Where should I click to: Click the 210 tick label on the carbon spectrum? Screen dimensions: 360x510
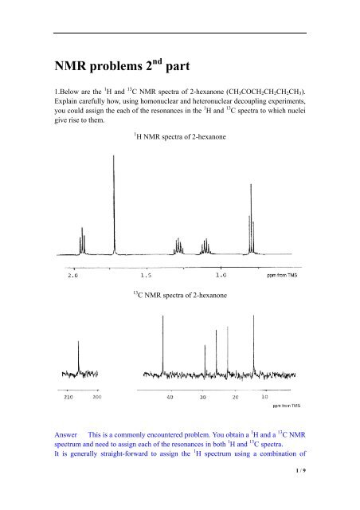68,395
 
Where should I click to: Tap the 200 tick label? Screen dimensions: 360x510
97,395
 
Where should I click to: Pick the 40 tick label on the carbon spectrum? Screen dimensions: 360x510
170,395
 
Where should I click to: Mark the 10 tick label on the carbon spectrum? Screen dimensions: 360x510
264,395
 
